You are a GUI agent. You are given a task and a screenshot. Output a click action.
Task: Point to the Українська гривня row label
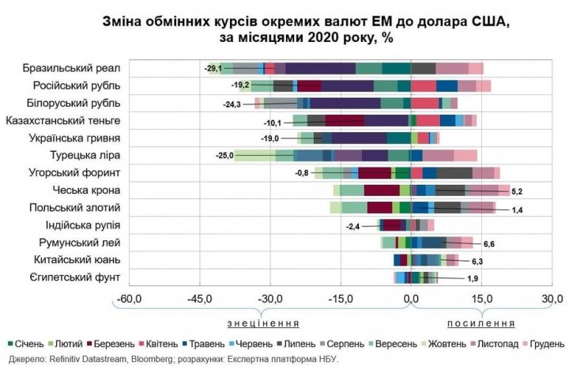(77, 138)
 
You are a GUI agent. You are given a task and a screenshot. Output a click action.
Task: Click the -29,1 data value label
(212, 69)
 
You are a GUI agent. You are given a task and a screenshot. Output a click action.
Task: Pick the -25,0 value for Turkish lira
(224, 156)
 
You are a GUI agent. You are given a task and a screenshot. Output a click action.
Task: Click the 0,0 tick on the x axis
(411, 299)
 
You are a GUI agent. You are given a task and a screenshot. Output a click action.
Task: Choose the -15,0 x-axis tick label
(341, 299)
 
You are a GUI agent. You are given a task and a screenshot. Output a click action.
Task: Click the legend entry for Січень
(24, 344)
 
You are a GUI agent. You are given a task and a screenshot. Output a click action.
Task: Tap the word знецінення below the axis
(263, 323)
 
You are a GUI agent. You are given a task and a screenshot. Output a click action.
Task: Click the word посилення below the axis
(481, 323)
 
